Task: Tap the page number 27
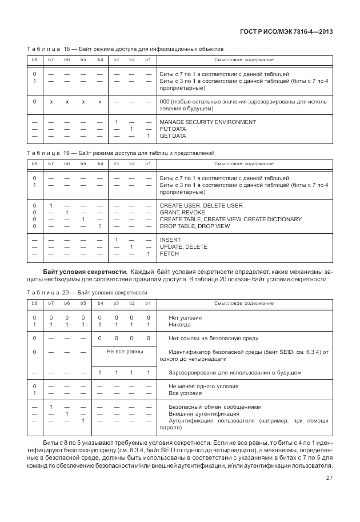(329, 495)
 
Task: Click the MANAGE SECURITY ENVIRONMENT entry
(207, 122)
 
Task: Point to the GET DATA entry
(173, 136)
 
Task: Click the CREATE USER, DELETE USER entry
(201, 205)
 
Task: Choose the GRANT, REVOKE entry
(182, 212)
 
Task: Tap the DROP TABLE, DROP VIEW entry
(195, 226)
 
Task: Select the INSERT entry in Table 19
(170, 240)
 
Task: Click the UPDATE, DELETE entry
(183, 246)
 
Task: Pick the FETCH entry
(170, 253)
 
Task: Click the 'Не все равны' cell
(123, 351)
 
